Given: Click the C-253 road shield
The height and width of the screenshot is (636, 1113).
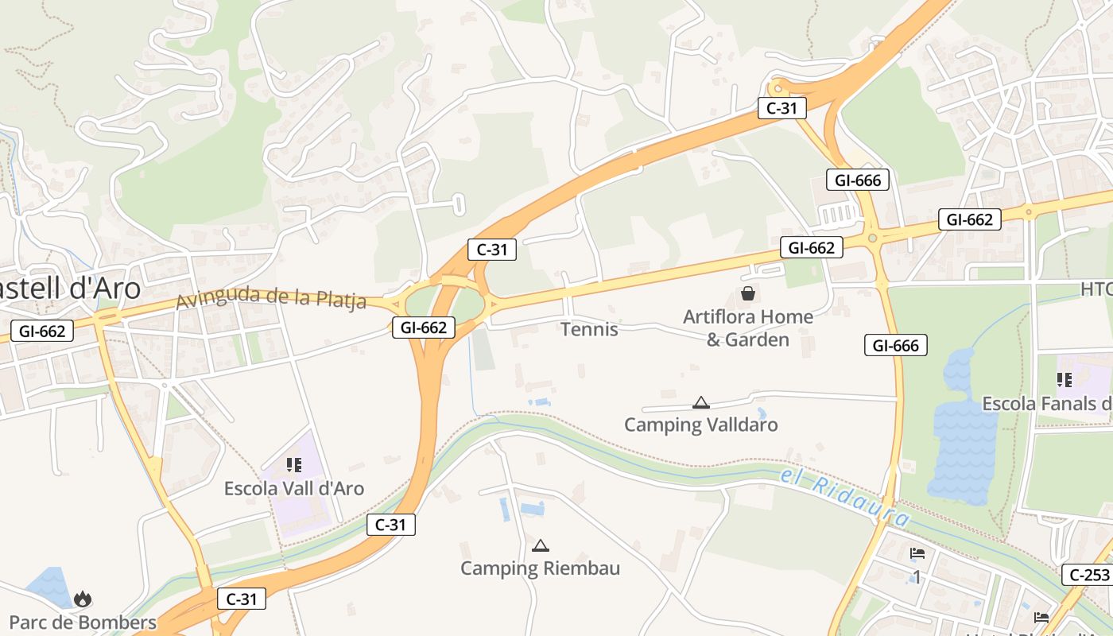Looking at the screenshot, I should pos(1086,575).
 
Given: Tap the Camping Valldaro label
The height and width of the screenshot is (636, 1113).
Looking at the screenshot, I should pos(700,425).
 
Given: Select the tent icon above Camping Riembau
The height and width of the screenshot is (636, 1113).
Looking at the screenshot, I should pos(541,545).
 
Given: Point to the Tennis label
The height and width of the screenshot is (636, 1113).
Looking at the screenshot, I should pos(589,329).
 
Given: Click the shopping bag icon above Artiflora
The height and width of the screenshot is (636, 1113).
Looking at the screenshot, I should pos(748,294).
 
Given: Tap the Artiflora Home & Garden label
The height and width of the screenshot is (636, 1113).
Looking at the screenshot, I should pos(748,328).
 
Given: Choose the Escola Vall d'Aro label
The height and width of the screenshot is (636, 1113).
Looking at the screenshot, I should pos(294,488).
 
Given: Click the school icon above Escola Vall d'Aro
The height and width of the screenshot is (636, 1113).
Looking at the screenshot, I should pos(294,464).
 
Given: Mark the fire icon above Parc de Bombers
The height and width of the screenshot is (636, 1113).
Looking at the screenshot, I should pos(83,599).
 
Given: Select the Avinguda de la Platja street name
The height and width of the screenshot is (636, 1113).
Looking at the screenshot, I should pos(271,298).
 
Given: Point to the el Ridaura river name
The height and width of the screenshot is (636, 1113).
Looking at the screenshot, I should pos(844,497).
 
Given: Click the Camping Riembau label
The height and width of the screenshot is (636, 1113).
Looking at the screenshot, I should pos(541,568).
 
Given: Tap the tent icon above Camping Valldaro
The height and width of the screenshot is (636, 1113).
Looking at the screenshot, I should pos(700,402).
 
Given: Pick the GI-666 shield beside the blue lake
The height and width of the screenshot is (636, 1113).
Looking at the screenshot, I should pos(896,345).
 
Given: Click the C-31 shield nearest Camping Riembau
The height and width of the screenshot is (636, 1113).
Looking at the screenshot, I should pos(391,525).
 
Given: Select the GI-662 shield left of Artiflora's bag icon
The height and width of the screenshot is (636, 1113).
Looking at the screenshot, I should pos(811,248).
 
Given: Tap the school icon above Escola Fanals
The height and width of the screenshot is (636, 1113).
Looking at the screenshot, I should pos(1065,380).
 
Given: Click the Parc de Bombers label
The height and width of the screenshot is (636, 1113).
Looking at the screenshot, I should pos(83,622).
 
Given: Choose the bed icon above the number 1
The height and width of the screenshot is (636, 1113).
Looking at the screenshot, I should pos(917,554).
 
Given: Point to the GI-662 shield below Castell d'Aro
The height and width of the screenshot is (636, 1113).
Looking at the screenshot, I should pos(42,331).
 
